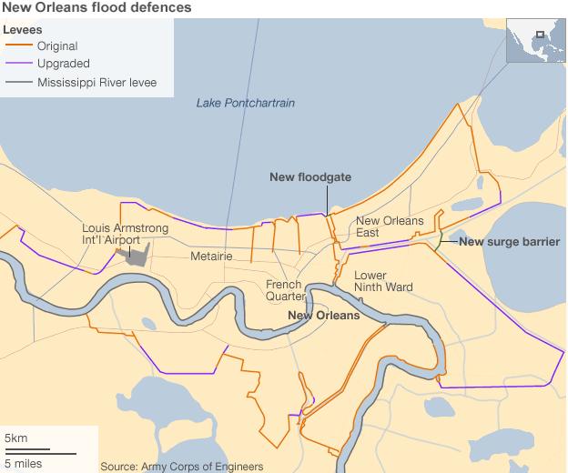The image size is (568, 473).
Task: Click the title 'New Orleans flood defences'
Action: (x=97, y=8)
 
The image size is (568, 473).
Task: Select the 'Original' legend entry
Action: (x=57, y=45)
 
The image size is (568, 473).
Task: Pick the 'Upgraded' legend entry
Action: (x=63, y=64)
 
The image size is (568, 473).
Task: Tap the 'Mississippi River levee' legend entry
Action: (x=96, y=83)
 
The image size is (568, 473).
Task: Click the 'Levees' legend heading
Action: (x=22, y=29)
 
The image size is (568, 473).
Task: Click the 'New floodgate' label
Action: (x=310, y=177)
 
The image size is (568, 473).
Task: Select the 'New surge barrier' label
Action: (x=508, y=242)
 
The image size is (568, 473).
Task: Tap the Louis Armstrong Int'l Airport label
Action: (x=111, y=234)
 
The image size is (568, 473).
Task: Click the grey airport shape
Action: (x=136, y=254)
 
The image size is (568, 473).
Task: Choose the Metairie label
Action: (x=211, y=257)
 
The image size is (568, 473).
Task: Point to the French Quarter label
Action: (x=284, y=290)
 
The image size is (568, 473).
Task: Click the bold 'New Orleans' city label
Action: (x=323, y=316)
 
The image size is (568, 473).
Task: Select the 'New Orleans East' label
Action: (x=389, y=226)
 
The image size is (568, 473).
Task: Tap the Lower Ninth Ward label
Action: (x=382, y=281)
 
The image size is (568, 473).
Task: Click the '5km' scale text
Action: (x=16, y=439)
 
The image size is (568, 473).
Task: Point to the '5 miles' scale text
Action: (x=23, y=463)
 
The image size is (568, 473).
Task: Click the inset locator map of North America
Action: (x=536, y=39)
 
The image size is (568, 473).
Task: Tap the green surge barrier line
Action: (x=441, y=239)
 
